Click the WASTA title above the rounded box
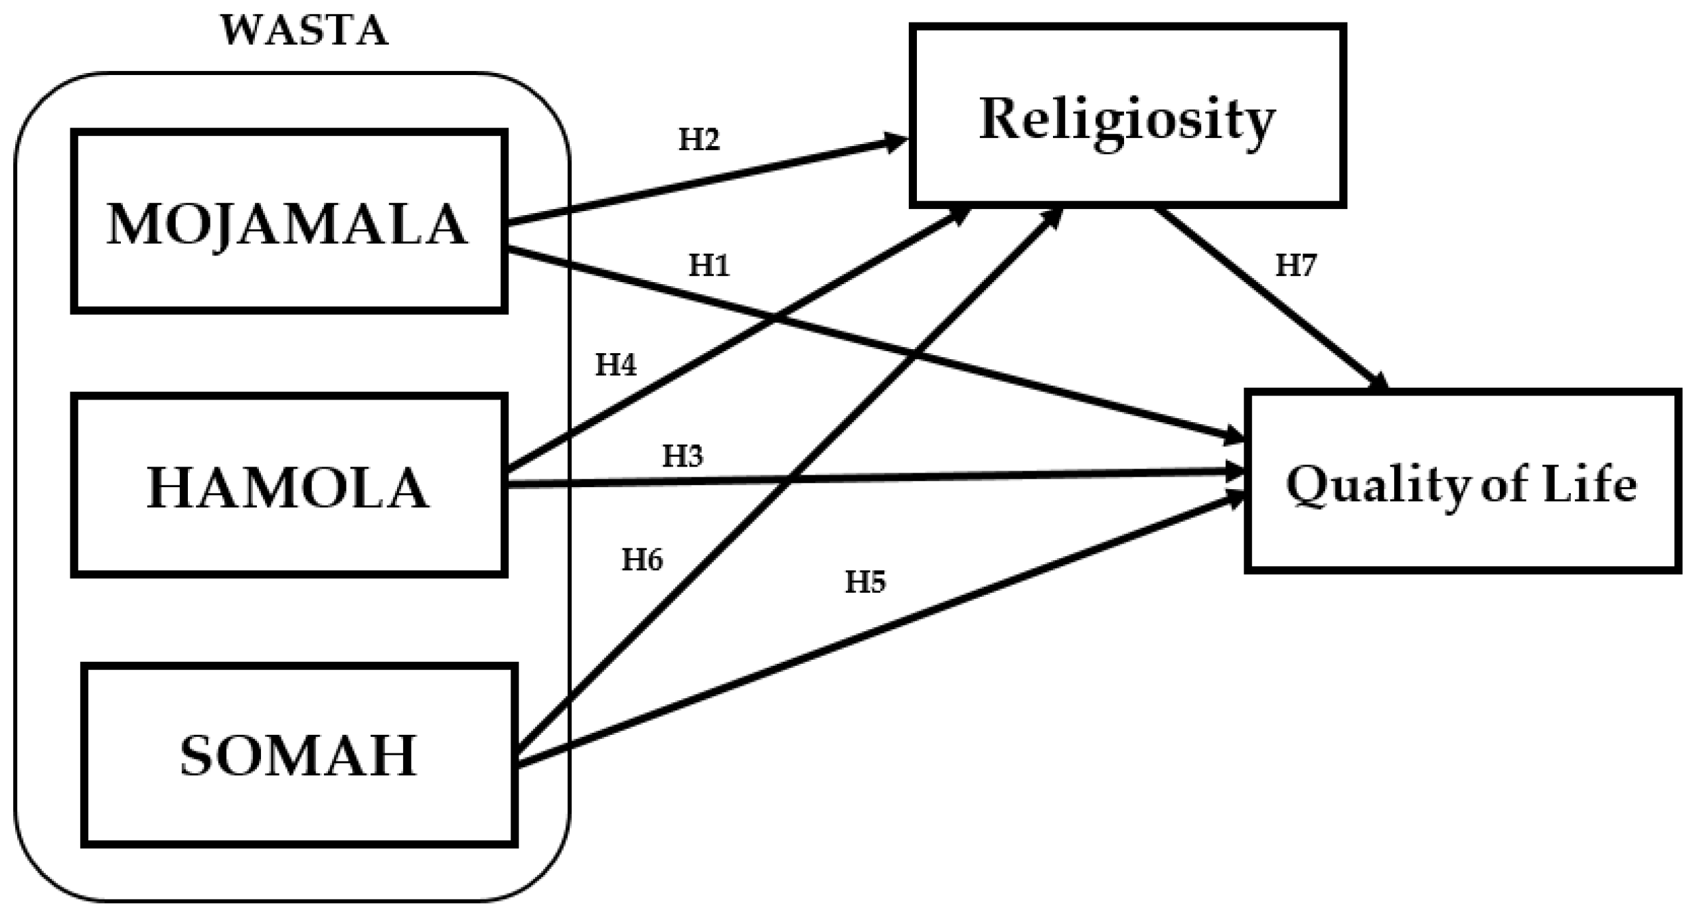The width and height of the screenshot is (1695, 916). pyautogui.click(x=304, y=31)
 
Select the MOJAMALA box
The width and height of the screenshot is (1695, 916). pyautogui.click(x=288, y=222)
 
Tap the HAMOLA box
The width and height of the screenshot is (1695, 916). pyautogui.click(x=288, y=485)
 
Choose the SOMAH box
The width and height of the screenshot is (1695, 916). pyautogui.click(x=299, y=755)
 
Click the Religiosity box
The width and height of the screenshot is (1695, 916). pyautogui.click(x=1127, y=116)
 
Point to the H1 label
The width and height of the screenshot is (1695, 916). pyautogui.click(x=708, y=266)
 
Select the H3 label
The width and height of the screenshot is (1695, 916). pyautogui.click(x=682, y=457)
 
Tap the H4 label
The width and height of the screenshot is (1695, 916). pyautogui.click(x=615, y=365)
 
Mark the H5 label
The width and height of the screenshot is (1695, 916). pyautogui.click(x=864, y=582)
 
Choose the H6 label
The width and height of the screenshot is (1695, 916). pyautogui.click(x=641, y=560)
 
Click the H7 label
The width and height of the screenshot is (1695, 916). pyautogui.click(x=1295, y=266)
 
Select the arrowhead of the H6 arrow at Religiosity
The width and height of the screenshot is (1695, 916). pyautogui.click(x=1053, y=216)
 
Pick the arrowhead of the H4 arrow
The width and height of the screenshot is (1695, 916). pyautogui.click(x=960, y=214)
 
